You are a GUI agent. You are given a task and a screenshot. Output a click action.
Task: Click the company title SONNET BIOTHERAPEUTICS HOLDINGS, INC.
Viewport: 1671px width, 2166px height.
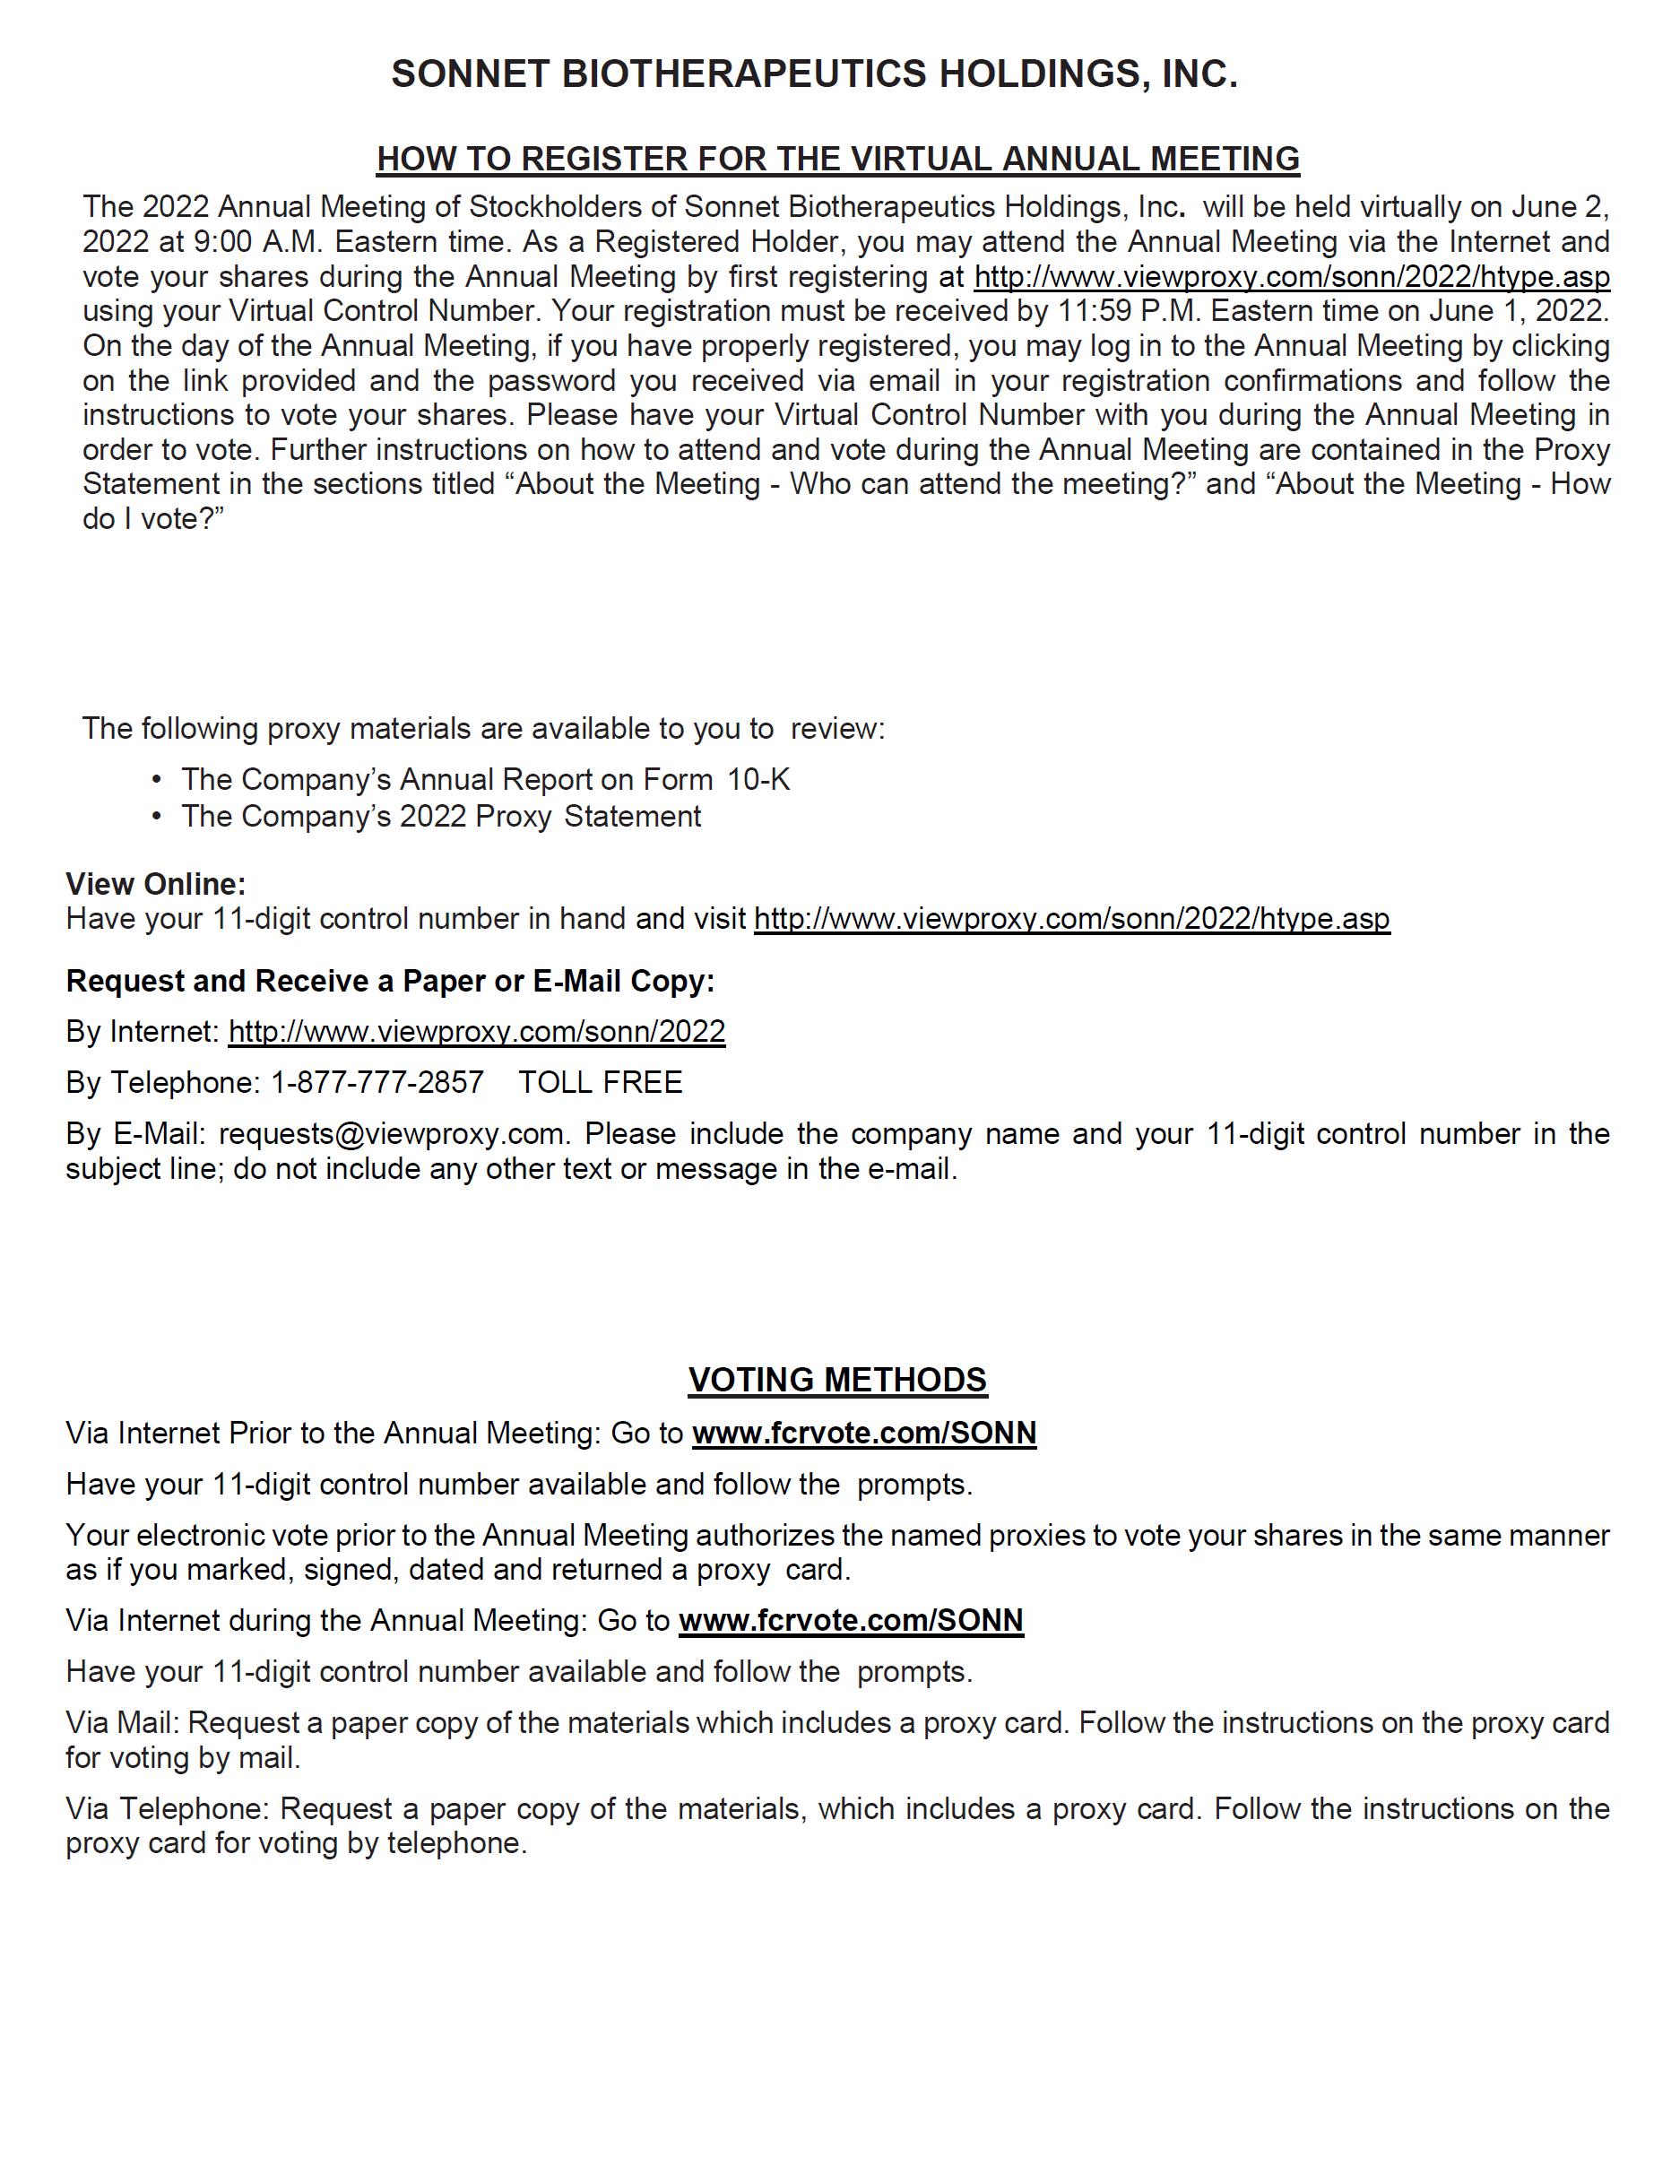[814, 74]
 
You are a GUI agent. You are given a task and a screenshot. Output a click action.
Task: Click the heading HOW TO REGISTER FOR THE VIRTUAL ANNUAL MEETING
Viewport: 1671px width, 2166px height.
[838, 159]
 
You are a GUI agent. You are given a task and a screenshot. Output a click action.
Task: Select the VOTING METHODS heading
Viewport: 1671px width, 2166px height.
[837, 1380]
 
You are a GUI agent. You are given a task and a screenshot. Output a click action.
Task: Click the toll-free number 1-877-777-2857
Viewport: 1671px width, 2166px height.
[377, 1082]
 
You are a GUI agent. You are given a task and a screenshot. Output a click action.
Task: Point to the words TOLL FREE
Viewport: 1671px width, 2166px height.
[600, 1082]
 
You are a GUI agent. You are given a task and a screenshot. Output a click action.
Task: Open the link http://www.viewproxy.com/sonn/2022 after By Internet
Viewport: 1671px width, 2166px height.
[477, 1031]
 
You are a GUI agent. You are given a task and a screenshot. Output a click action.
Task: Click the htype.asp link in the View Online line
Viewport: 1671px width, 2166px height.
[1072, 918]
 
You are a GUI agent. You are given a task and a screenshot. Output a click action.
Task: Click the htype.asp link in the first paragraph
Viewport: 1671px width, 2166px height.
[1292, 276]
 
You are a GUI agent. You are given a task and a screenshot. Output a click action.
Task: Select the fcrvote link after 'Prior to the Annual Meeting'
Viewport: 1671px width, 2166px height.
[864, 1433]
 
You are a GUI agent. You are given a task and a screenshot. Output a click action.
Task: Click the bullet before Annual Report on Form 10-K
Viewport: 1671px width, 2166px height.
[157, 781]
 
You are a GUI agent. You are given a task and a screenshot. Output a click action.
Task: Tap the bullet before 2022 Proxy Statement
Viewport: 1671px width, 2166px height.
[157, 816]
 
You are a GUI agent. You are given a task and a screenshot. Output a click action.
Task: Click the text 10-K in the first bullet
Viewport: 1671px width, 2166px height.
[758, 781]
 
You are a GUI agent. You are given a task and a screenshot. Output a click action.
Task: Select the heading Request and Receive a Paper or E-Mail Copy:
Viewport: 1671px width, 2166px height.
[390, 981]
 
